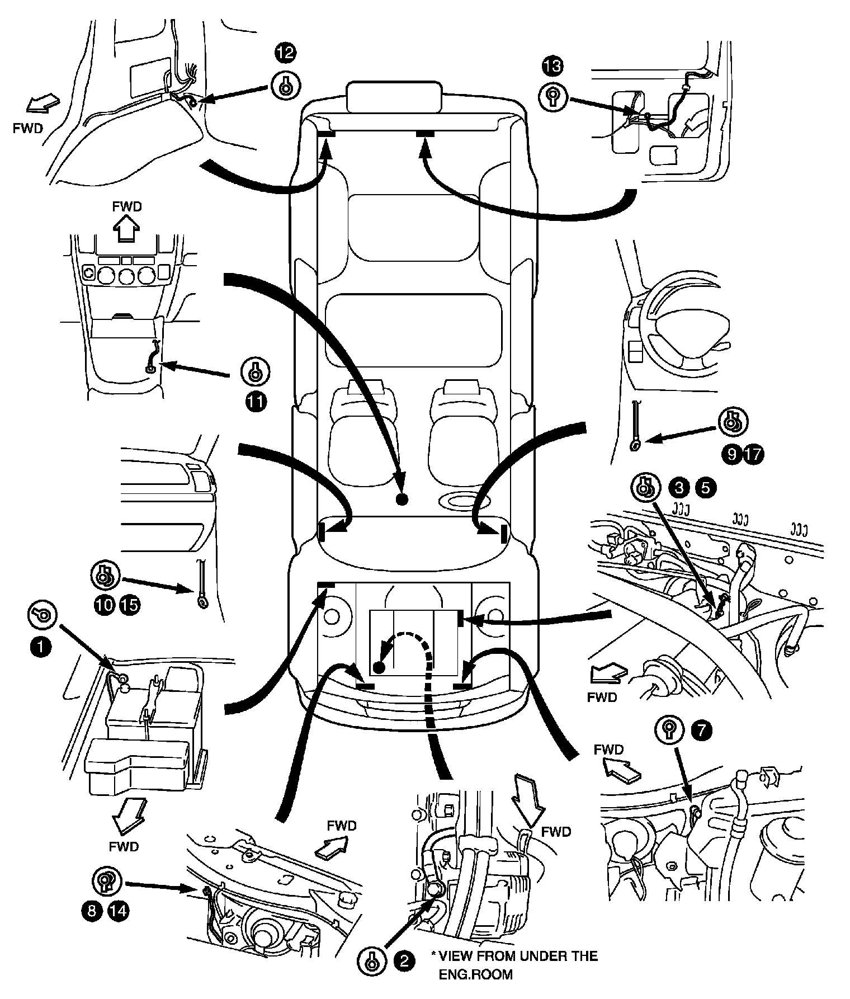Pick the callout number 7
702,730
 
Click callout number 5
705,488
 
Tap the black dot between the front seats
400,498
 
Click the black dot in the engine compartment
379,667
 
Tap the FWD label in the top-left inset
27,128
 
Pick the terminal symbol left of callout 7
669,730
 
